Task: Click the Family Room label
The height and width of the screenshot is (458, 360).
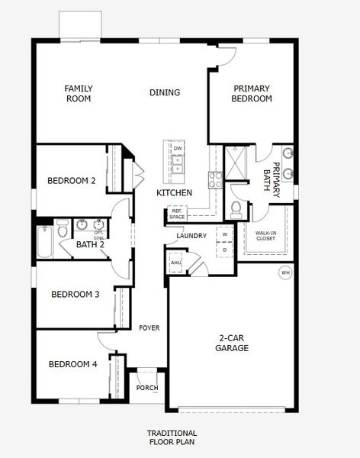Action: click(x=79, y=93)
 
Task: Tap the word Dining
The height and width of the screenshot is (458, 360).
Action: click(x=165, y=93)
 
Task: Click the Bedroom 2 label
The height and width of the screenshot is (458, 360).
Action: click(x=72, y=181)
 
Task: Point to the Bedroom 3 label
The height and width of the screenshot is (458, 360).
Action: click(x=76, y=294)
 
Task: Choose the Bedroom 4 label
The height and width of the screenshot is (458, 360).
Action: click(x=73, y=364)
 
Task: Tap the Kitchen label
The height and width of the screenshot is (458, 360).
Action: click(x=174, y=193)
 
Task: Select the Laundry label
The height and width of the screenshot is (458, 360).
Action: click(x=191, y=236)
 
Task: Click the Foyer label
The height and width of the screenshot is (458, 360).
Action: click(x=149, y=327)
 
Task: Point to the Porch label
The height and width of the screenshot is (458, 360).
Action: click(x=147, y=388)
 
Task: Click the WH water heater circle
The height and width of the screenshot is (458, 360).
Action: click(x=285, y=273)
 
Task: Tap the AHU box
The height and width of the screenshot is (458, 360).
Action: click(x=176, y=263)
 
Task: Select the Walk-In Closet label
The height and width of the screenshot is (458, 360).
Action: click(x=265, y=236)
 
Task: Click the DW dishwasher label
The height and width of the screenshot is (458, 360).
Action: click(x=178, y=147)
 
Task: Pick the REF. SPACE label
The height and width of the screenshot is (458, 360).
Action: click(x=177, y=214)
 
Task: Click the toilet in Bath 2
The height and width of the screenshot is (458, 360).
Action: click(x=62, y=229)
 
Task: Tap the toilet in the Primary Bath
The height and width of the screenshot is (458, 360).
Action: click(x=236, y=208)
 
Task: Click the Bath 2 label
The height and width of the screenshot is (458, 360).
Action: click(x=91, y=245)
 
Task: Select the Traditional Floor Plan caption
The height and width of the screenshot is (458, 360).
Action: click(x=172, y=437)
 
